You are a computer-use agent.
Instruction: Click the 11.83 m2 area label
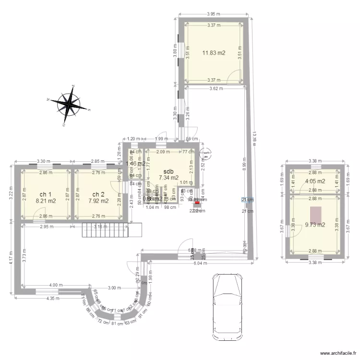pos(214,53)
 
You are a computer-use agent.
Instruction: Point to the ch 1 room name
pos(46,194)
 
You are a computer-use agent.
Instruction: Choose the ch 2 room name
pos(98,194)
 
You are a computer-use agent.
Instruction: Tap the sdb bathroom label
pos(168,171)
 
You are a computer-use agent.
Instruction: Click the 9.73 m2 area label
pos(315,224)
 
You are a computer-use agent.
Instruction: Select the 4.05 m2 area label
pos(315,181)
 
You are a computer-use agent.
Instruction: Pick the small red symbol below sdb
pos(197,203)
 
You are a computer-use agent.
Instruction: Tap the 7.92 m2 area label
pos(98,201)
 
